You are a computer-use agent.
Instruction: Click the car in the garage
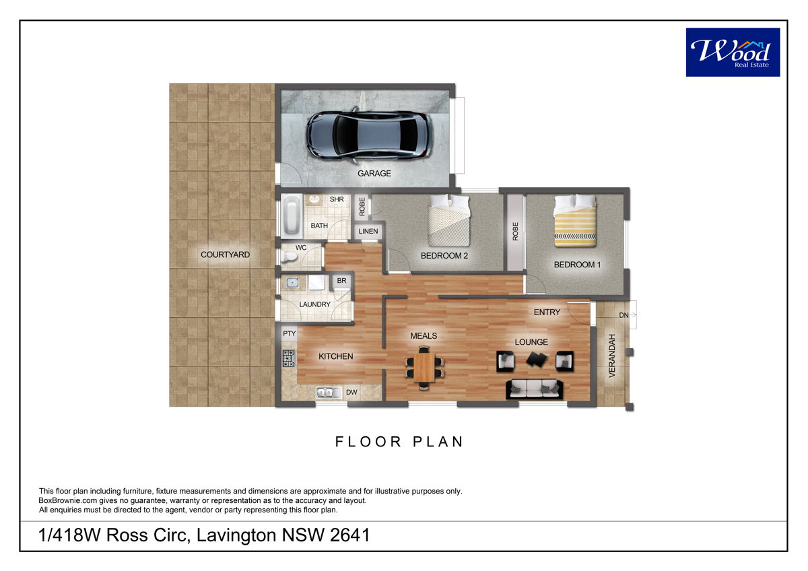point(369,135)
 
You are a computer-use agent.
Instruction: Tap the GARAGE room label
point(374,174)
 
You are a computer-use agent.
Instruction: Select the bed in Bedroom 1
point(575,220)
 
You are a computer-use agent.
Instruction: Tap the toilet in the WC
point(289,257)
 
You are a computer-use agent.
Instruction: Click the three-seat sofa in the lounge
point(534,389)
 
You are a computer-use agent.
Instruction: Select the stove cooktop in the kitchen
point(289,358)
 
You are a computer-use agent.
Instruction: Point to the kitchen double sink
point(328,392)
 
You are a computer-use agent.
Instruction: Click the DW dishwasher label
point(351,392)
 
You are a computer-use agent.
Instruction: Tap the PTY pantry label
point(289,333)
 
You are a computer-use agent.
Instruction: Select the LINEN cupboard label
point(368,231)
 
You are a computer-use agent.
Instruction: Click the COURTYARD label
point(225,255)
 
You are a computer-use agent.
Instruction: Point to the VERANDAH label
point(612,356)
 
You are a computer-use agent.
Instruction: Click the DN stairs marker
point(624,315)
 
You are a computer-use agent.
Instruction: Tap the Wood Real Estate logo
point(733,53)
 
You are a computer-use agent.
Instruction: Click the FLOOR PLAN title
point(399,442)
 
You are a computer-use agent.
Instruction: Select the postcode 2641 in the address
point(350,535)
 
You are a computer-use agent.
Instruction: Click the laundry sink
point(292,283)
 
